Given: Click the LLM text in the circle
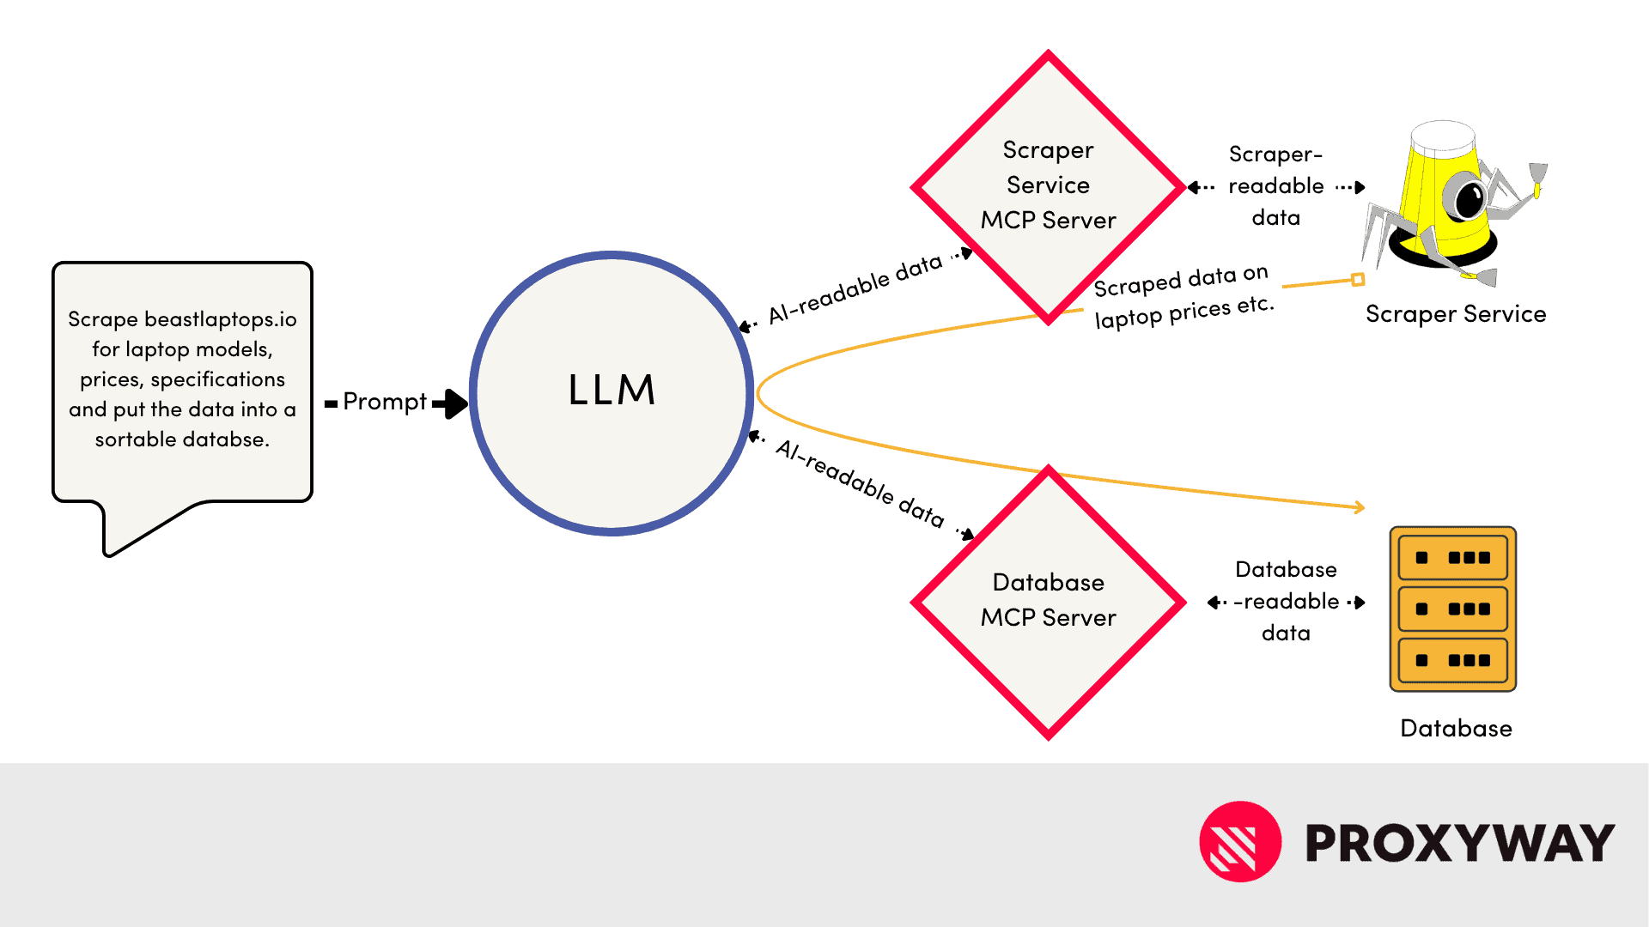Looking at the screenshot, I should [x=612, y=391].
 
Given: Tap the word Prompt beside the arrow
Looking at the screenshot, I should [x=384, y=402].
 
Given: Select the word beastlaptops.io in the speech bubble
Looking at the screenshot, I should [x=220, y=319].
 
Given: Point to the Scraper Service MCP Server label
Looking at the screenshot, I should [x=1048, y=185].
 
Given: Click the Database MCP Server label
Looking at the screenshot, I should [x=1048, y=600].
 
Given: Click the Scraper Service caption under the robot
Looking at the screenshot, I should [x=1456, y=314].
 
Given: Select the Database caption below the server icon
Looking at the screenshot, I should [x=1456, y=729].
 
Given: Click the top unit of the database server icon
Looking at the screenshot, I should [x=1453, y=558].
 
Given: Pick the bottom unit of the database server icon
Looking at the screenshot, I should [x=1453, y=660].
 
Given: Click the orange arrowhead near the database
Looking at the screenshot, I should [x=1360, y=507].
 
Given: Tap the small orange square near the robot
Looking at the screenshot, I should [x=1358, y=279].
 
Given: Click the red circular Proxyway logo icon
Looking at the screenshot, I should [x=1240, y=842].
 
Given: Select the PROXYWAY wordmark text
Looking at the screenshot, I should [x=1460, y=843].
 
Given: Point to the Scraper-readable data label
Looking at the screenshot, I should [x=1276, y=186].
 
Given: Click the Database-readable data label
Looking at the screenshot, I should [x=1286, y=601].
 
